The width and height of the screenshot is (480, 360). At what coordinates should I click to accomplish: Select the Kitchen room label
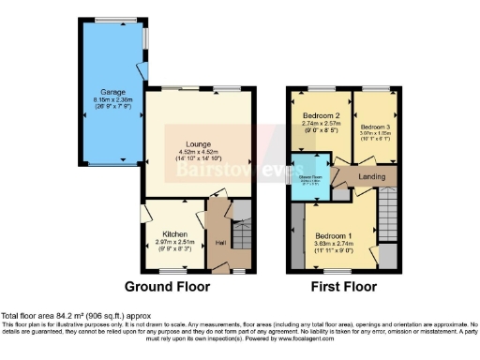pos(174,233)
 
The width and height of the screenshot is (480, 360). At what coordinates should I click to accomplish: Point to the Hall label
pos(220,243)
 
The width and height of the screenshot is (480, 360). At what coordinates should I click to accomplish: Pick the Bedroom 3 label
pos(375,127)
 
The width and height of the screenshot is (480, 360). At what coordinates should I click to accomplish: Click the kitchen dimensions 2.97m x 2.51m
pos(174,245)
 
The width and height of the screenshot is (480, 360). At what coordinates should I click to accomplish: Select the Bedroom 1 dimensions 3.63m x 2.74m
pos(333,246)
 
